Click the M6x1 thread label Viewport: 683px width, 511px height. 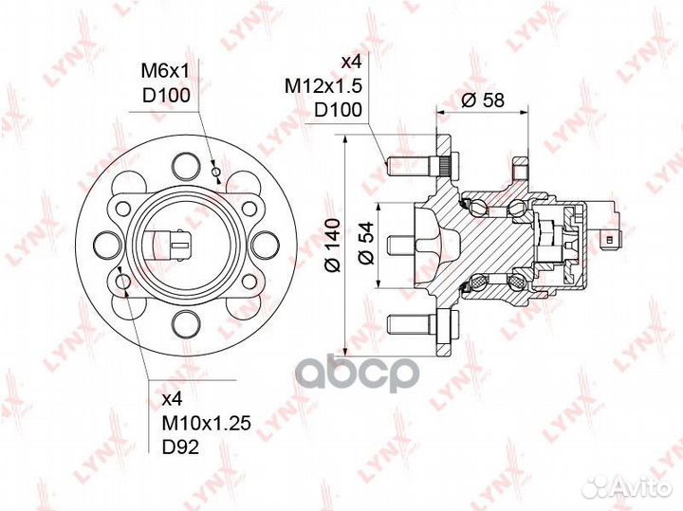pyautogui.click(x=165, y=71)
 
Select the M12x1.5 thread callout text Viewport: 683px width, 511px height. pyautogui.click(x=323, y=86)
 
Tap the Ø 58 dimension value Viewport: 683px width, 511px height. pyautogui.click(x=483, y=100)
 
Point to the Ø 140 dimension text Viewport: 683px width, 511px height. pyautogui.click(x=333, y=246)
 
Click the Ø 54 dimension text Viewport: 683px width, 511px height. pyautogui.click(x=367, y=243)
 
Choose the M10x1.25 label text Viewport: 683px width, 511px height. pyautogui.click(x=207, y=423)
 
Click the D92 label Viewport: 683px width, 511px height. pyautogui.click(x=180, y=447)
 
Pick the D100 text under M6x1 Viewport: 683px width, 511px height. pyautogui.click(x=166, y=96)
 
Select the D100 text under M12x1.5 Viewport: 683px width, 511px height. pyautogui.click(x=338, y=110)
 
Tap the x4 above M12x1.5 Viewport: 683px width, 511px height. pyautogui.click(x=351, y=63)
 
